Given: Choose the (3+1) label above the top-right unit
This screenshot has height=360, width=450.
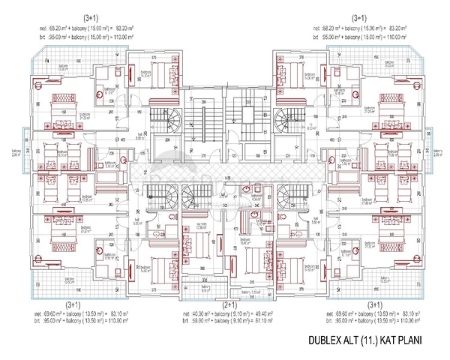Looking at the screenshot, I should click(358, 16).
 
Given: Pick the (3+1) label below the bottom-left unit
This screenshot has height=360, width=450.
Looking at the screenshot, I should click(73, 304).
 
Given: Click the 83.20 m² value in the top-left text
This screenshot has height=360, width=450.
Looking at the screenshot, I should click(124, 26).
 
